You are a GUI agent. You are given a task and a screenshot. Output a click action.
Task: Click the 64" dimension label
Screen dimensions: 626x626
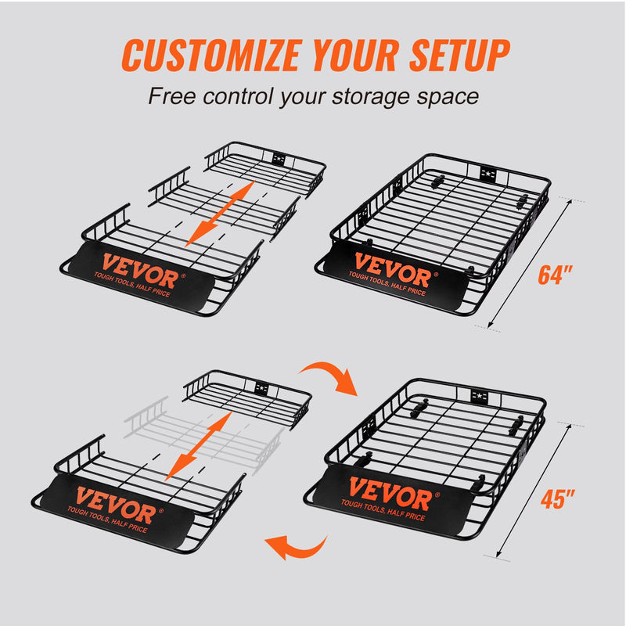point(556,275)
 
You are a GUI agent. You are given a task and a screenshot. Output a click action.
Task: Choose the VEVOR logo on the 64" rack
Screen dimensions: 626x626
point(392,270)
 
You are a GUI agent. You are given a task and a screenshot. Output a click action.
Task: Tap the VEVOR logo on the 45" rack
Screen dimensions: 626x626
point(389,495)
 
